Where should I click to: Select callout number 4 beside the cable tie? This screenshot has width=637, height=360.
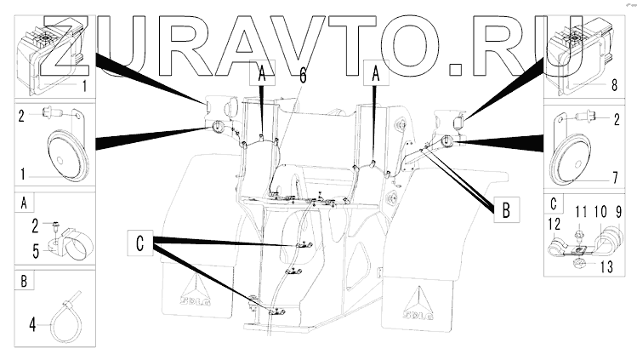32,323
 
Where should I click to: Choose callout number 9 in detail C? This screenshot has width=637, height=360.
618,211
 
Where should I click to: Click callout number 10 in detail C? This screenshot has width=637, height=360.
600,211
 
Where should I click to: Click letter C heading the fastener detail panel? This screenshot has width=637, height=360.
555,203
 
